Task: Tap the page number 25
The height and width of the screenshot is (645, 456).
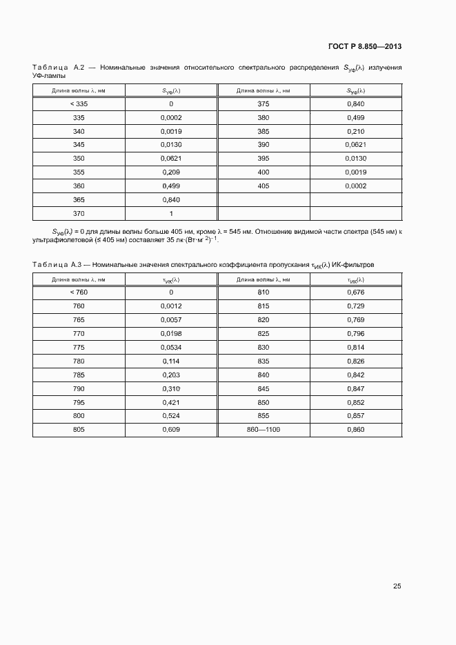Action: click(x=397, y=586)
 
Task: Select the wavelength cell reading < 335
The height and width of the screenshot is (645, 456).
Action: click(x=79, y=103)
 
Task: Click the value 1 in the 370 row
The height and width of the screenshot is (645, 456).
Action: click(x=170, y=213)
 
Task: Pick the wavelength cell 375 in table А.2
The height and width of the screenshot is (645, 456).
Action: click(x=263, y=103)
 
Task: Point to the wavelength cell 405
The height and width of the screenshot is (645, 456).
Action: click(x=263, y=186)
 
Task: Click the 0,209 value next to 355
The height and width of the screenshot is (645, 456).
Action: click(x=170, y=172)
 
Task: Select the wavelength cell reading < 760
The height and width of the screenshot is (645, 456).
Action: click(x=79, y=292)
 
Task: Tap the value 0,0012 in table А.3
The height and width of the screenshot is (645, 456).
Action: click(x=170, y=306)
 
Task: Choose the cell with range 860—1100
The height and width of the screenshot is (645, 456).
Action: click(x=263, y=430)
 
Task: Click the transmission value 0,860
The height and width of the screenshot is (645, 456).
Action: click(x=355, y=430)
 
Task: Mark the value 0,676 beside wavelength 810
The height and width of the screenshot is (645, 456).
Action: click(x=355, y=292)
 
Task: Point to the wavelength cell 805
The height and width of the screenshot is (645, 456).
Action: click(x=79, y=430)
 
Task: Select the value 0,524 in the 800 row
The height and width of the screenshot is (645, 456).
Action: click(x=170, y=416)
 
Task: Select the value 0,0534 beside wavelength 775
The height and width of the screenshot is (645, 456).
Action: click(x=170, y=347)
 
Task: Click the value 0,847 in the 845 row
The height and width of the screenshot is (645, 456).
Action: click(x=355, y=388)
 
